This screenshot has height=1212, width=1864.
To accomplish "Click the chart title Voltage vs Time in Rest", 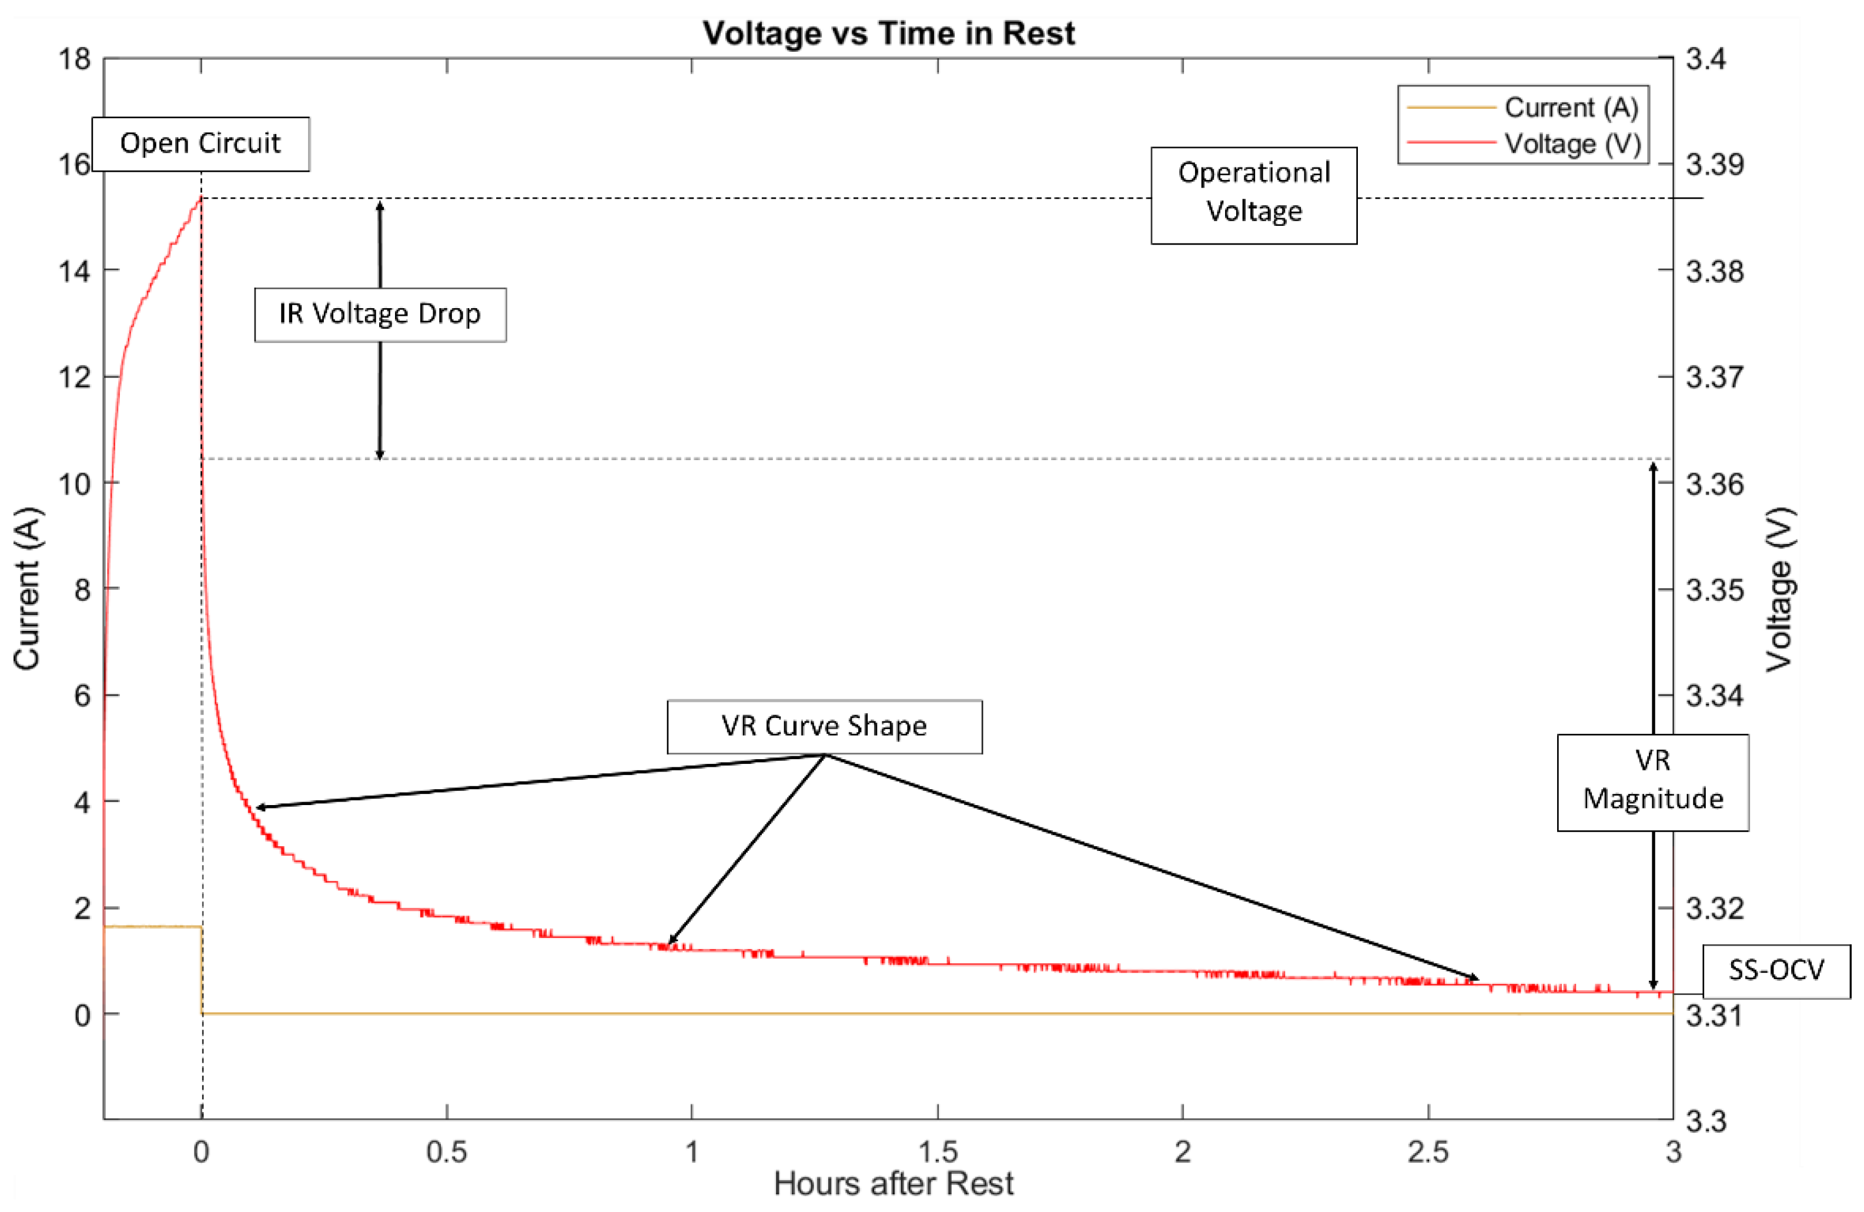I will click(888, 34).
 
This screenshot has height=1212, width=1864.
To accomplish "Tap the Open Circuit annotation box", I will click(200, 143).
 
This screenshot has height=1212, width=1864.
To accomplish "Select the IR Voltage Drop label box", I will click(380, 314).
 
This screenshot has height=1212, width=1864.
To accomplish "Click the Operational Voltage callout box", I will click(1253, 195).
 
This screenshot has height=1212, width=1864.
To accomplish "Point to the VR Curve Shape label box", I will click(824, 726).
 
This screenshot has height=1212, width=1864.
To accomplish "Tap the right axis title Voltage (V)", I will click(1779, 589).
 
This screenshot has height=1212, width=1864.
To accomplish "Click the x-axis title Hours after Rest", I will click(893, 1183).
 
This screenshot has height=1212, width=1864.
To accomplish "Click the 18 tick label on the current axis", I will click(75, 59).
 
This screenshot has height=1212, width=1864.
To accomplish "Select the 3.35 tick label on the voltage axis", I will click(1715, 590).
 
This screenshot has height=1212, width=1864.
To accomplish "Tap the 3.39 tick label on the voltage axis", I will click(1715, 165).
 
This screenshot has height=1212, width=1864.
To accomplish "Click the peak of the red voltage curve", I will click(200, 198).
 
